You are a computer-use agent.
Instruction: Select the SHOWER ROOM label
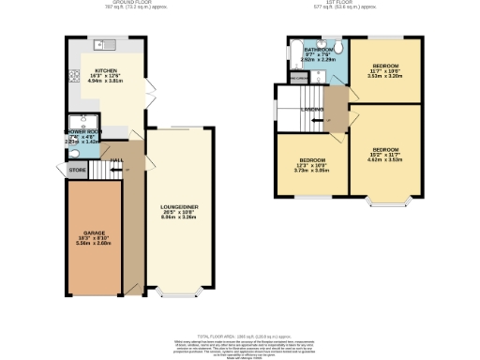point(81,132)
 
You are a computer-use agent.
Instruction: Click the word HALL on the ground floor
point(116,162)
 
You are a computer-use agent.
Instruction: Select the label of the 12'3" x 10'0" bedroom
point(306,161)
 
